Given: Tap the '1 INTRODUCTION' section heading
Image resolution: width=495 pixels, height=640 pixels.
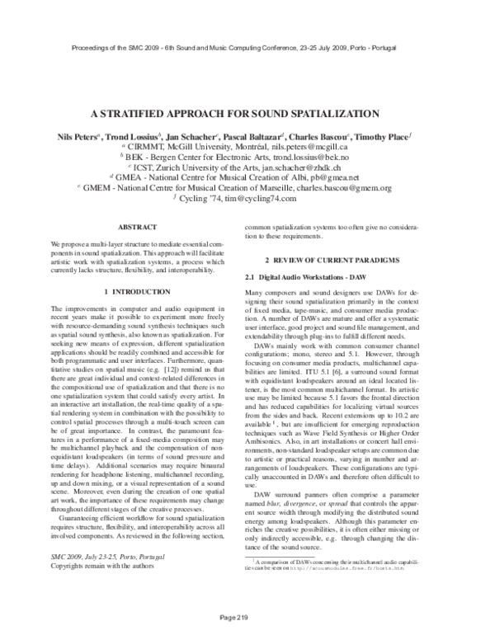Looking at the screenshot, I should coord(137,292).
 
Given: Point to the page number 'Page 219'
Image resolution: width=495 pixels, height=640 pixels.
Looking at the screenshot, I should coord(247,617).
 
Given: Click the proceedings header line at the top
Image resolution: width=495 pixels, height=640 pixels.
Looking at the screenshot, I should coord(247,49).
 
